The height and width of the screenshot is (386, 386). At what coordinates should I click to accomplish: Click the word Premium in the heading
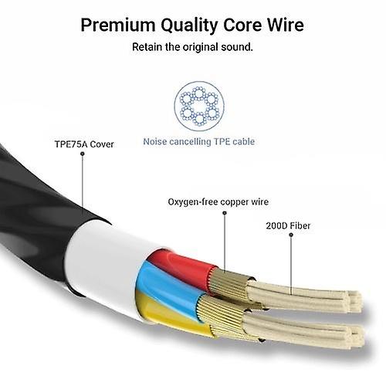click(118, 25)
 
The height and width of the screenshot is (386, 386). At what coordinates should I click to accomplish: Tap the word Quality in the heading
click(190, 26)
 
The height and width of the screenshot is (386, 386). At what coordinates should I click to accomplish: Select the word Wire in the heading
click(286, 25)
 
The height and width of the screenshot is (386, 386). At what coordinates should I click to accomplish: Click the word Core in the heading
click(242, 25)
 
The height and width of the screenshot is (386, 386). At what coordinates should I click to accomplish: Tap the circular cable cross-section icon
click(199, 106)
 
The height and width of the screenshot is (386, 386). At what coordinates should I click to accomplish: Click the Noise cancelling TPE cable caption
click(199, 141)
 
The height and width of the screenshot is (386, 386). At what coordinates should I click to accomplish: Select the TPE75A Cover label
click(84, 144)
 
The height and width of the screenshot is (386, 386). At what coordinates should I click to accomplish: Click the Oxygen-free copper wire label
click(218, 201)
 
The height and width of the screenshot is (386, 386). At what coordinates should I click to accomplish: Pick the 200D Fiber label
click(288, 225)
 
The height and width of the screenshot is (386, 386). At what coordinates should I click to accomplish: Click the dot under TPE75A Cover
click(83, 154)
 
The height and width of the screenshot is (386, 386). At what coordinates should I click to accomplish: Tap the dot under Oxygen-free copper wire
click(225, 213)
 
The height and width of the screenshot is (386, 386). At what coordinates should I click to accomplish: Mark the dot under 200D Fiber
click(291, 235)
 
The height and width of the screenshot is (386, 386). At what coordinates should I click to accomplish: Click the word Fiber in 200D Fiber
click(300, 225)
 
